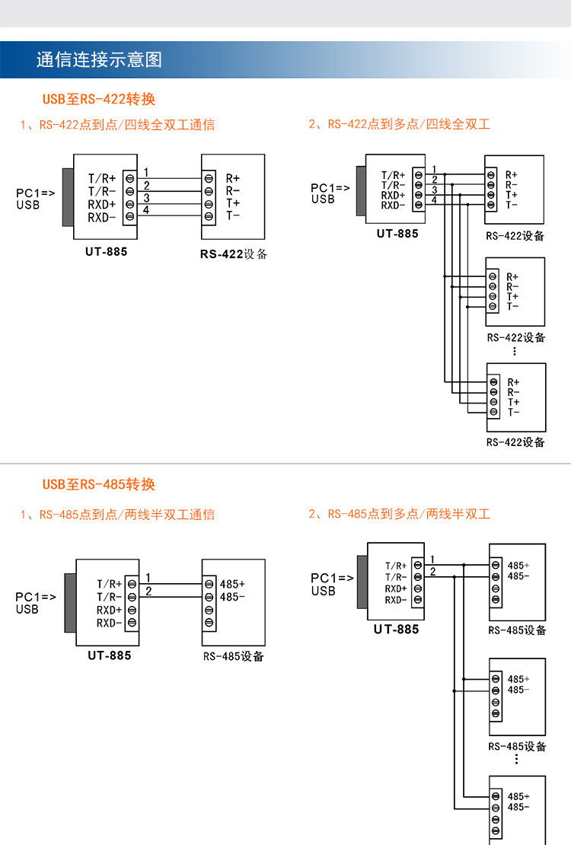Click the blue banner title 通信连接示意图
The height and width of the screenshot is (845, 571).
pyautogui.click(x=99, y=59)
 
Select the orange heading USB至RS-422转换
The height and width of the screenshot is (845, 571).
pyautogui.click(x=99, y=99)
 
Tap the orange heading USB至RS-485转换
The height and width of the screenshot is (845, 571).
pyautogui.click(x=99, y=484)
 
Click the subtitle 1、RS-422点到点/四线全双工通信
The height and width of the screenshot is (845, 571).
pyautogui.click(x=117, y=125)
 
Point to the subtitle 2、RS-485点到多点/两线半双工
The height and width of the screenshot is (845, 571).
pyautogui.click(x=400, y=514)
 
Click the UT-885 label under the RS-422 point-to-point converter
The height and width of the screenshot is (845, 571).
pyautogui.click(x=107, y=252)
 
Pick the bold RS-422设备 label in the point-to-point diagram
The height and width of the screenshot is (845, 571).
pyautogui.click(x=234, y=254)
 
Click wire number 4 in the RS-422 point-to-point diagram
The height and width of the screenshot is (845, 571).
pyautogui.click(x=146, y=210)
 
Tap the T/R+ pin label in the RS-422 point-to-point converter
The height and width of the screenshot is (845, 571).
pyautogui.click(x=102, y=178)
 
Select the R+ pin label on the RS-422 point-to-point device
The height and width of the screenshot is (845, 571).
pyautogui.click(x=233, y=178)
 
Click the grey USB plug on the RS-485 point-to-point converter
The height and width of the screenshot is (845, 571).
pyautogui.click(x=70, y=603)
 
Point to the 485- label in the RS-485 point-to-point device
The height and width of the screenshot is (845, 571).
pyautogui.click(x=232, y=597)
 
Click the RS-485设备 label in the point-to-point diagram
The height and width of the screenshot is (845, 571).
pyautogui.click(x=234, y=656)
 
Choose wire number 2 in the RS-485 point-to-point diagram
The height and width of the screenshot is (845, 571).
pyautogui.click(x=148, y=591)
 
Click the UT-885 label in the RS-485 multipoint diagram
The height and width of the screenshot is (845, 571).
pyautogui.click(x=397, y=630)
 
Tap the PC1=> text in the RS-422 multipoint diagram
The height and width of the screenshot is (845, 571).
pyautogui.click(x=330, y=188)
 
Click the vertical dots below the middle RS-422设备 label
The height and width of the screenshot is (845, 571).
pyautogui.click(x=515, y=352)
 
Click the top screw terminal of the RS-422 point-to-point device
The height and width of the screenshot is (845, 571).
pyautogui.click(x=209, y=178)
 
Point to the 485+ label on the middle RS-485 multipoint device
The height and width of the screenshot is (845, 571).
pyautogui.click(x=518, y=679)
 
